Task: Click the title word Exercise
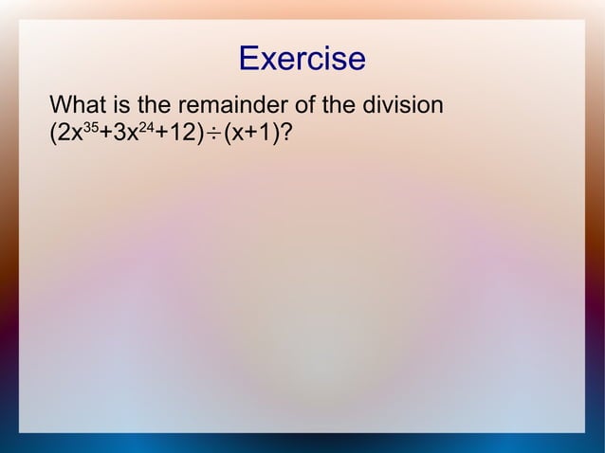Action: [x=302, y=59]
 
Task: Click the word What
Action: [x=78, y=103]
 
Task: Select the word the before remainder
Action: [x=158, y=103]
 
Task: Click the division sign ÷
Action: [x=213, y=136]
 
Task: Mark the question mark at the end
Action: [x=284, y=135]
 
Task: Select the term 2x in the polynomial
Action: [x=68, y=135]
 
